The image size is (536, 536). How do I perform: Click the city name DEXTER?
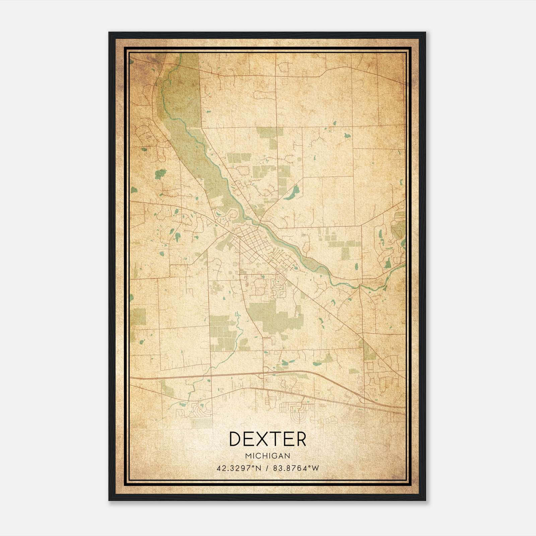(268, 439)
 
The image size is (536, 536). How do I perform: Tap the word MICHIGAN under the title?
(268, 456)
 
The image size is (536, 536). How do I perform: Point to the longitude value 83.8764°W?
(296, 468)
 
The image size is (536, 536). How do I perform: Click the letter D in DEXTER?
(236, 439)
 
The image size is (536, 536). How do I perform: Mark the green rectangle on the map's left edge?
(138, 317)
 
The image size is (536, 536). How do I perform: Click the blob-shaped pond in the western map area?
(160, 174)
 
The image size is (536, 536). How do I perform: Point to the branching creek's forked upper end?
(237, 315)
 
